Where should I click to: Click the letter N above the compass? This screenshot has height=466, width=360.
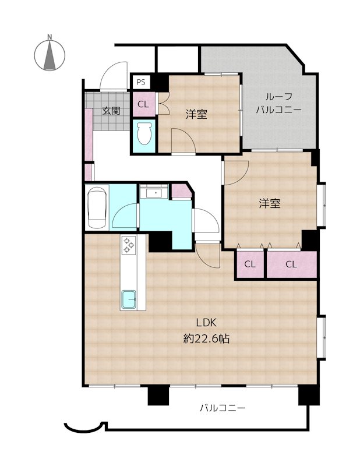50,38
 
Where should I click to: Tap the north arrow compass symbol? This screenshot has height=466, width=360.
50,56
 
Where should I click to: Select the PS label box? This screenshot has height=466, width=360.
141,82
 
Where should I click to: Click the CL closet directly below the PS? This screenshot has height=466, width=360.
143,105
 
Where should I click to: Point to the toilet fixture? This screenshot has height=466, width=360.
143,133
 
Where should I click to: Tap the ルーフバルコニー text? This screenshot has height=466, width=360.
278,103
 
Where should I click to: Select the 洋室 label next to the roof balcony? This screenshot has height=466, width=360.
197,114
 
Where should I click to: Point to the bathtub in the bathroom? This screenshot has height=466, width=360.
96,207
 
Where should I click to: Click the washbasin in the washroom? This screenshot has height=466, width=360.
155,192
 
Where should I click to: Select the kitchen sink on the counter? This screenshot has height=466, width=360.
129,300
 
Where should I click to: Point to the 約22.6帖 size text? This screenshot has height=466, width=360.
206,338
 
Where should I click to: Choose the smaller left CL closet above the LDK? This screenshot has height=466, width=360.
250,264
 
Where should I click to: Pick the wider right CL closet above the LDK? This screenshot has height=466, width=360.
291,264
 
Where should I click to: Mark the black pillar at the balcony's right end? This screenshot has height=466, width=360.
306,396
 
